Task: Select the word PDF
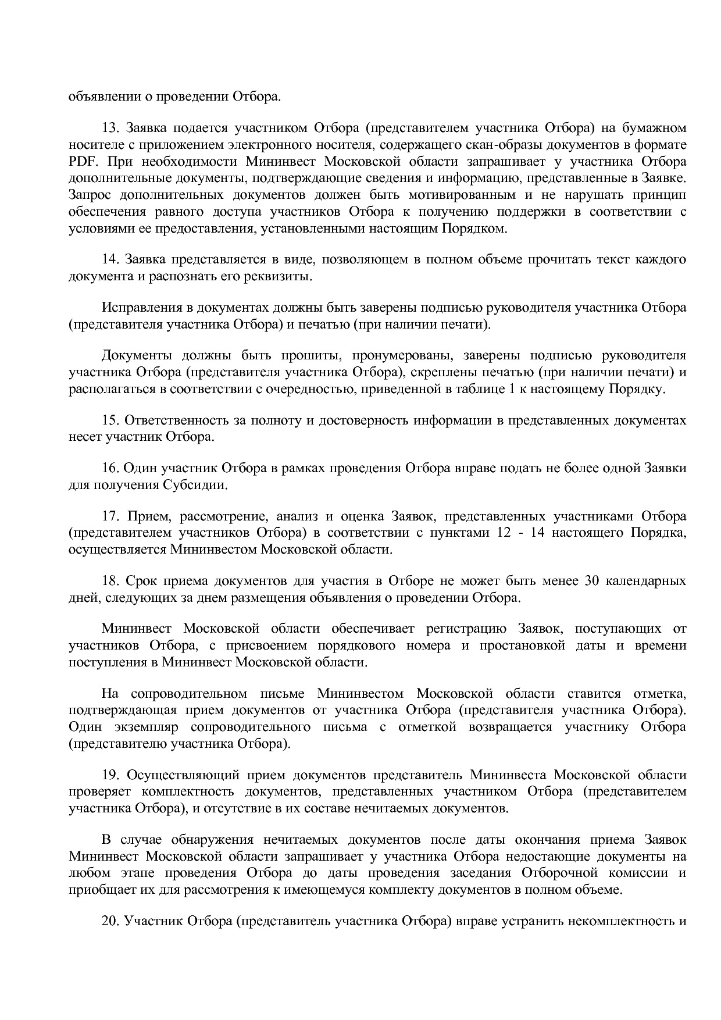(80, 162)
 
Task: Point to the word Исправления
(138, 308)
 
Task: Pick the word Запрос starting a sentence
(89, 195)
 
